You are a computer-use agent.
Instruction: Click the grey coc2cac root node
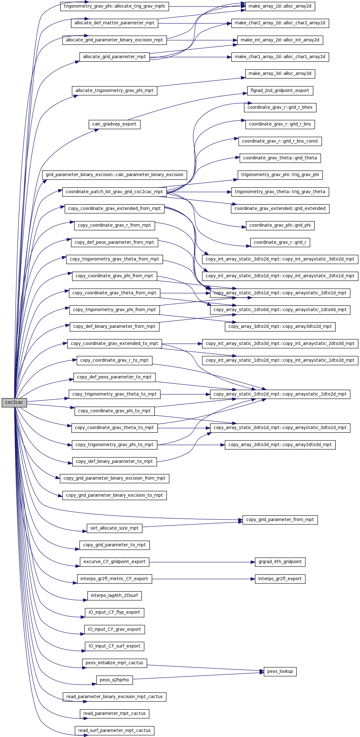pos(14,402)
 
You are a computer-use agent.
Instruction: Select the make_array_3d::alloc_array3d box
pos(280,74)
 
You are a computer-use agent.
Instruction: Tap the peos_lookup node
pos(280,671)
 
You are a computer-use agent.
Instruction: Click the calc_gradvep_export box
pos(114,124)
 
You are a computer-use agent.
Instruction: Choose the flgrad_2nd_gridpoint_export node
pos(280,91)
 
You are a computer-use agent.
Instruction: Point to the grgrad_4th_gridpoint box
pos(280,562)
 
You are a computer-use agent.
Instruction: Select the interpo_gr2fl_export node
pos(280,579)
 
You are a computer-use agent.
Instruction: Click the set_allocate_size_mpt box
pos(114,528)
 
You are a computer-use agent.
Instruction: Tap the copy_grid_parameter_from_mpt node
pos(280,519)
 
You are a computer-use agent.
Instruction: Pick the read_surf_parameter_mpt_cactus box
pos(114,730)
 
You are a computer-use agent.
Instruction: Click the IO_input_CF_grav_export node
pos(114,629)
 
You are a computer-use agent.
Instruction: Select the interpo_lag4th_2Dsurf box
pos(114,595)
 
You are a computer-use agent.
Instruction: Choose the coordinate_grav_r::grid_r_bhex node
pos(280,107)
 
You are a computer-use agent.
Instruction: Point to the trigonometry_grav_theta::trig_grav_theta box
pos(280,192)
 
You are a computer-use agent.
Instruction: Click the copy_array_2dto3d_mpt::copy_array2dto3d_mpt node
pos(280,445)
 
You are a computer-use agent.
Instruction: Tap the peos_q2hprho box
pos(114,680)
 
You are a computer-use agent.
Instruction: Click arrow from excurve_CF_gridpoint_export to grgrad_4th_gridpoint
pos(202,562)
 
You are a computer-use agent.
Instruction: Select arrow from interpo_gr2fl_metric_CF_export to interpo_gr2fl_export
pos(204,579)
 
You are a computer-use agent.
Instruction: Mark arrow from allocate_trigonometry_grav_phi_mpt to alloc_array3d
pos(201,82)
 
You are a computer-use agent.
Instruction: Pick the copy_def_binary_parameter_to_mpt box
pos(114,462)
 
